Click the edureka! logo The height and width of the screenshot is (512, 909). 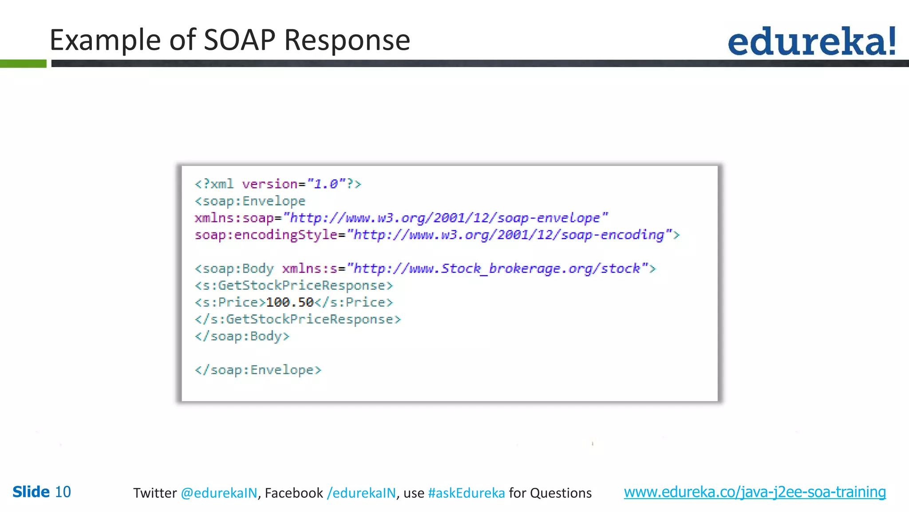coord(812,41)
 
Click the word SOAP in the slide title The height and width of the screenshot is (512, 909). coord(239,40)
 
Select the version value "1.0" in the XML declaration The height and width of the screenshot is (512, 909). coord(326,184)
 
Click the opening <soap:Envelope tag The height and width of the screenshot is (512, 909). coord(250,201)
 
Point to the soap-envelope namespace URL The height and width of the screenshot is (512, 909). coord(446,218)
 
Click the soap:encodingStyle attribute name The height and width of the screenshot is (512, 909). coord(266,235)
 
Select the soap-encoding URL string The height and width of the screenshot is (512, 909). coord(509,235)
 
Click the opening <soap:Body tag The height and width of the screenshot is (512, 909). coord(234,269)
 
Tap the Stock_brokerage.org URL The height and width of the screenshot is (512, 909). coord(497,269)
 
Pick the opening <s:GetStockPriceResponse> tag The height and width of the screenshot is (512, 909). coord(294,285)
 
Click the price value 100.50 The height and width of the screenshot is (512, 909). coord(290,303)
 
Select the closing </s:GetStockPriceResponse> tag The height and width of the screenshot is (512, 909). coord(298,320)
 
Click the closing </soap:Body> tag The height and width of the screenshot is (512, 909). coord(242,336)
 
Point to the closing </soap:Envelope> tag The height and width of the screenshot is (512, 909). coord(258,370)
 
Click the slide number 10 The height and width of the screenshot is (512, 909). coord(63,492)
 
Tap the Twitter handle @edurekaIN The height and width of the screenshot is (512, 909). coord(219,493)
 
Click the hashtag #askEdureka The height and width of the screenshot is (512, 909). coord(466,493)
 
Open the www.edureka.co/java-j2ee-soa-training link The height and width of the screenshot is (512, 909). coord(755,492)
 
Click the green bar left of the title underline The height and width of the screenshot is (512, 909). coord(23,64)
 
